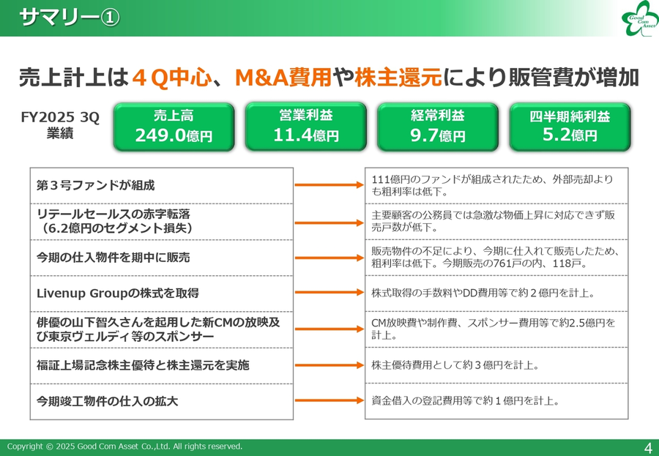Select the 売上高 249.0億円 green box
pyautogui.click(x=174, y=127)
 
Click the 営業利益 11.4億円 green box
pyautogui.click(x=306, y=126)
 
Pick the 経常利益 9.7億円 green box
pyautogui.click(x=437, y=127)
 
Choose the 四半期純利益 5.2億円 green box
pyautogui.click(x=570, y=127)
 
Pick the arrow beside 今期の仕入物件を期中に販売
pyautogui.click(x=329, y=257)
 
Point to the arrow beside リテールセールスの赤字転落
pyautogui.click(x=329, y=221)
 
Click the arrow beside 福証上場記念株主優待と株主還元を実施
pyautogui.click(x=329, y=365)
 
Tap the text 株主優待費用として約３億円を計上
pyautogui.click(x=455, y=365)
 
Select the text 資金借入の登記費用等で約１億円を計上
pyautogui.click(x=466, y=400)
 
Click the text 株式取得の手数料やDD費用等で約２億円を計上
pyautogui.click(x=483, y=293)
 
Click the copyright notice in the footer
pyautogui.click(x=124, y=446)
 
